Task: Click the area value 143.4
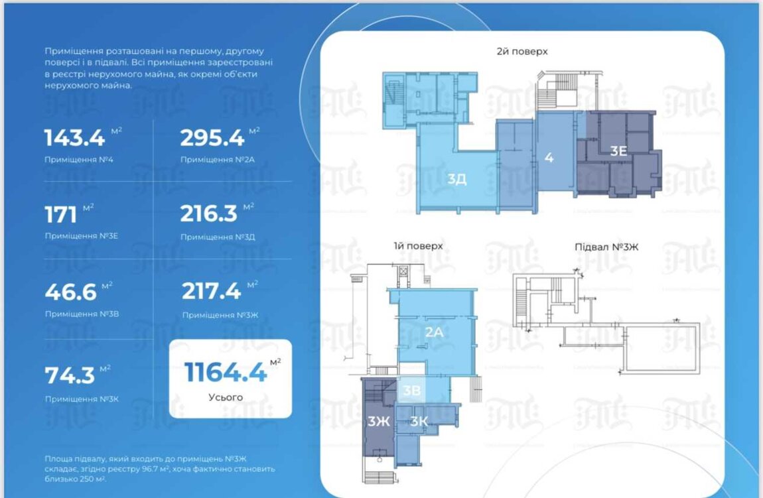click(74, 138)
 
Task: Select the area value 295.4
click(212, 138)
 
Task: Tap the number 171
click(61, 214)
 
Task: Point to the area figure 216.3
click(209, 214)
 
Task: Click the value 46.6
click(71, 292)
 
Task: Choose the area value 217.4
click(211, 291)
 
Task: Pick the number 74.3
click(70, 375)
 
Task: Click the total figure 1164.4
click(226, 372)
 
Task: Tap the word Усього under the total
click(226, 397)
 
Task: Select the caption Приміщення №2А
click(218, 160)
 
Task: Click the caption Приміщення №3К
click(82, 399)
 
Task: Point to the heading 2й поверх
click(522, 51)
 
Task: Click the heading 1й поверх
click(419, 246)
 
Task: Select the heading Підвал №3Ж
click(606, 247)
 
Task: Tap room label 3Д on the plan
click(457, 179)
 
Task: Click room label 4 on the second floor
click(549, 158)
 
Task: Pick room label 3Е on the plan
click(618, 151)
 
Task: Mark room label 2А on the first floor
click(435, 332)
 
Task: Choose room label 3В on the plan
click(411, 391)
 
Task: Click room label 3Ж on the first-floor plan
click(379, 421)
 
